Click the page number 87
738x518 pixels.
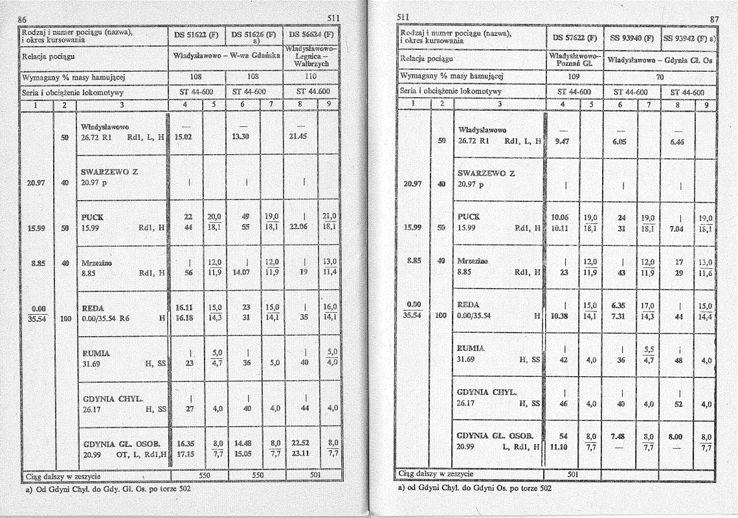click(x=714, y=19)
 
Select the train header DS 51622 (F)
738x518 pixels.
click(x=196, y=36)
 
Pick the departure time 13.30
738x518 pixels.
click(x=241, y=137)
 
